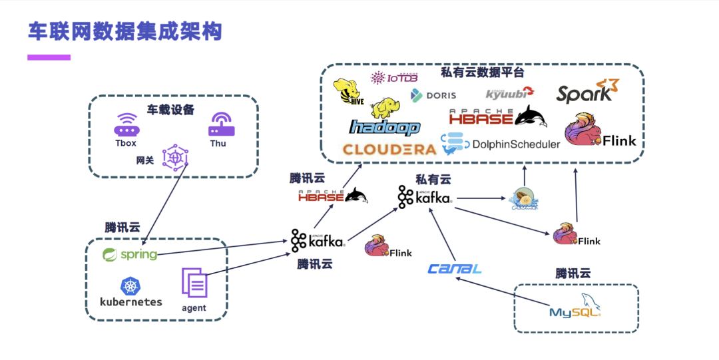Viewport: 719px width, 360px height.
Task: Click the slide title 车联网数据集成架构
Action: coord(124,31)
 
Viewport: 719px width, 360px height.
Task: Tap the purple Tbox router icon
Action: coord(125,125)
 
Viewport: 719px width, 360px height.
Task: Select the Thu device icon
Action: coord(218,124)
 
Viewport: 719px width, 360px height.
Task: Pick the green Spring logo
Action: coord(130,255)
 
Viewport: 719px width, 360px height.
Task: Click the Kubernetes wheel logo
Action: coord(130,287)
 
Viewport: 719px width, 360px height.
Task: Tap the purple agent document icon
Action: coord(194,283)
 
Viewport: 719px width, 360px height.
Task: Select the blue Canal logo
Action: coord(455,269)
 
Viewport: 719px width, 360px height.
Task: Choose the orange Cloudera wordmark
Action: coord(389,149)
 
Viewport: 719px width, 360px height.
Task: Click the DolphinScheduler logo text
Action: coord(516,144)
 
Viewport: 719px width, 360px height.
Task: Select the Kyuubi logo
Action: coord(510,93)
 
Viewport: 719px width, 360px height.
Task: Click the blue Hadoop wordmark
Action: coord(385,127)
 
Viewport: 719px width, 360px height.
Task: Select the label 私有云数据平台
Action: coord(483,73)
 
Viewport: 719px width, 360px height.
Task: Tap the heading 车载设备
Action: coord(171,109)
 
